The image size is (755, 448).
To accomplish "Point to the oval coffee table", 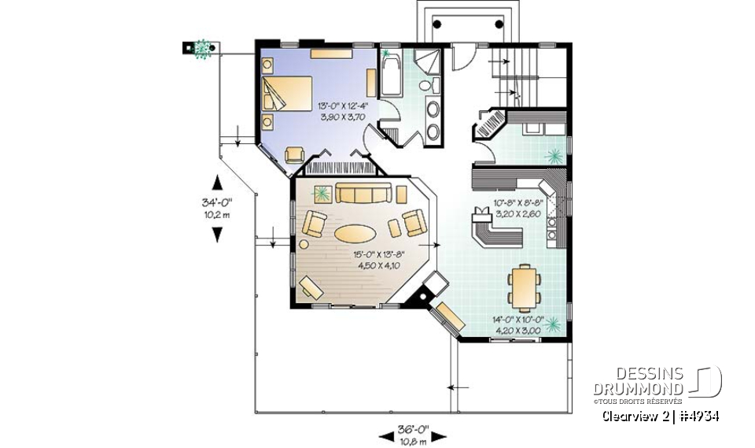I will point(355,233).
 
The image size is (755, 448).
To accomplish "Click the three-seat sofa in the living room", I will point(364,193).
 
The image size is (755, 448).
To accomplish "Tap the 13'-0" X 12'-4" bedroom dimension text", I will point(342,110).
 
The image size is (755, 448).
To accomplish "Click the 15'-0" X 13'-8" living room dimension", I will point(377,260).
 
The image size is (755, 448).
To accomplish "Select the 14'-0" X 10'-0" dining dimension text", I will point(517,325).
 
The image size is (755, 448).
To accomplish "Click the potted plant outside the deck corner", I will point(203,49).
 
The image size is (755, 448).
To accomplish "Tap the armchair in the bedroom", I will point(295,154).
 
